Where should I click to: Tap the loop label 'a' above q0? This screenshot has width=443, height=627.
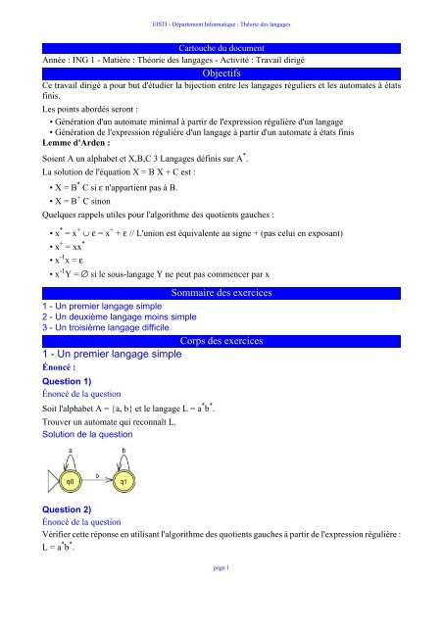[x=72, y=477]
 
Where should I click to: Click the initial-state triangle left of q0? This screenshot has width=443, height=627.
[x=50, y=506]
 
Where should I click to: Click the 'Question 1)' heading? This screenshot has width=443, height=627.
[x=64, y=381]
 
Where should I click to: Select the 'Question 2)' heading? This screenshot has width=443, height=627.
[x=64, y=538]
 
